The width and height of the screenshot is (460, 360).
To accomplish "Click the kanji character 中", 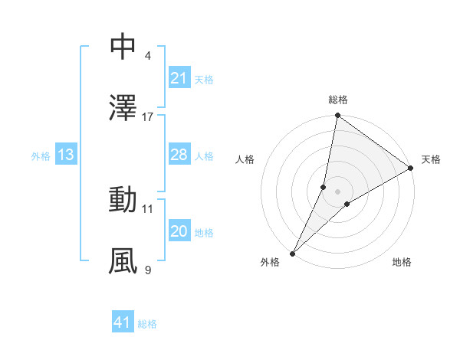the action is click(x=123, y=47).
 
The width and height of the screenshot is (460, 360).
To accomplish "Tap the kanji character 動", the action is click(x=123, y=200).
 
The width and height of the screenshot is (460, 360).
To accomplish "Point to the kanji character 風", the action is click(x=123, y=261).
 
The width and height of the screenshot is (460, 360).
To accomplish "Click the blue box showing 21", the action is click(x=179, y=78).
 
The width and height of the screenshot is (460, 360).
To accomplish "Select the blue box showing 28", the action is click(x=179, y=155).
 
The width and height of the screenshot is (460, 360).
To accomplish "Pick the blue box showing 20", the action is click(x=179, y=232).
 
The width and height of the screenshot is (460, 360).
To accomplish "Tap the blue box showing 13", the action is click(x=65, y=155).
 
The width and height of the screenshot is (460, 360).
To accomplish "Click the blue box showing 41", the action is click(x=123, y=322).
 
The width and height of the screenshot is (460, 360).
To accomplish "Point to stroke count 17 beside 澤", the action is click(x=148, y=117).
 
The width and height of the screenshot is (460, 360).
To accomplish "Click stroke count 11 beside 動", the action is click(x=148, y=208).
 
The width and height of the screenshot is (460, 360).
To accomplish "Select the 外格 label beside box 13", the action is click(x=41, y=156).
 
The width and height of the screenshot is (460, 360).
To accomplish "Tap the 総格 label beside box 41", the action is click(x=147, y=324).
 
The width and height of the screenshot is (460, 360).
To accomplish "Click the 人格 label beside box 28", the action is click(x=204, y=156).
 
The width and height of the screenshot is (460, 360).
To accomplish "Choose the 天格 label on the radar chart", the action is click(x=432, y=159).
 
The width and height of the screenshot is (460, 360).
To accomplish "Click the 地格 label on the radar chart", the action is click(x=402, y=262).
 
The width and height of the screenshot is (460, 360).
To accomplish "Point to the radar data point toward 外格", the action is click(x=293, y=253).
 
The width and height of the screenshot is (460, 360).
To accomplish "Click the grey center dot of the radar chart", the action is click(x=338, y=191).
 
